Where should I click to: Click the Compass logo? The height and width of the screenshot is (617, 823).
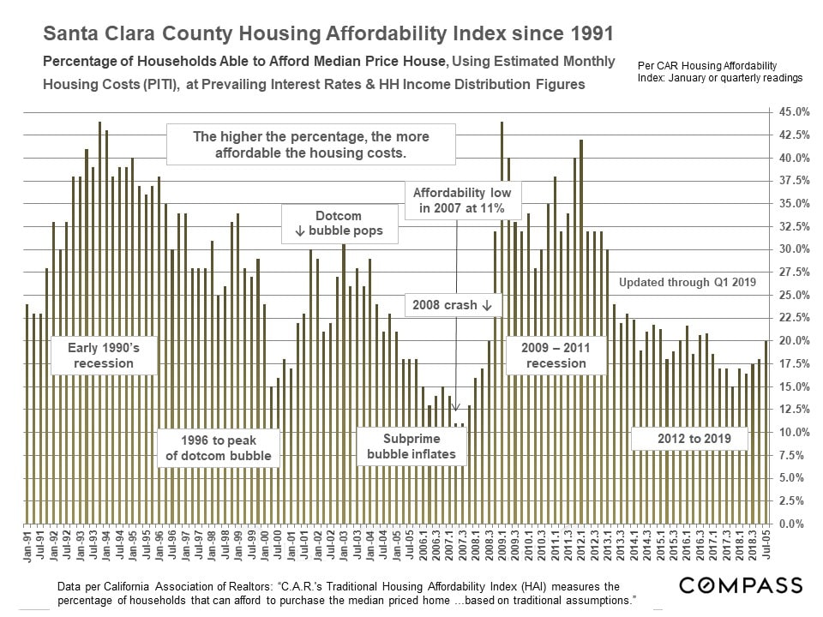741,585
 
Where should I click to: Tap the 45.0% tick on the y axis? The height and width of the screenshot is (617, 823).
793,112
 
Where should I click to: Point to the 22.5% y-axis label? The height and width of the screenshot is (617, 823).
793,318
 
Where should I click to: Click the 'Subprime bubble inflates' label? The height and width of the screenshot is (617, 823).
411,446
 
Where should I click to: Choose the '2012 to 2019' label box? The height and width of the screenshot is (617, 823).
689,440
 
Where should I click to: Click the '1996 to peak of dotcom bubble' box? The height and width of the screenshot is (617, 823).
218,447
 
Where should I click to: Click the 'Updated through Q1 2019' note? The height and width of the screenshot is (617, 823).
687,282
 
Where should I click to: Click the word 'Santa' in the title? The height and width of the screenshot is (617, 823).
70,34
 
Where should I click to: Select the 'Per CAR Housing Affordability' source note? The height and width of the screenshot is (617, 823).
707,65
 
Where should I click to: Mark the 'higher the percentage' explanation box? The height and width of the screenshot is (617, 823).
310,145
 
